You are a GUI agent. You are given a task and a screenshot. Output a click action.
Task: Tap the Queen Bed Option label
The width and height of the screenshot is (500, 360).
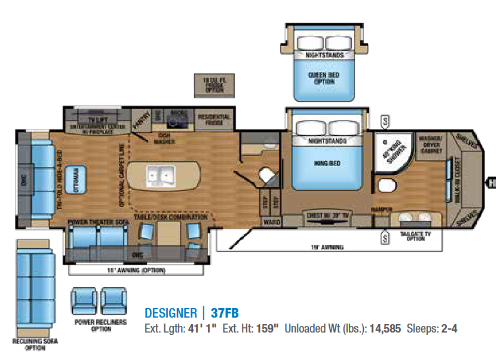pyautogui.click(x=324, y=78)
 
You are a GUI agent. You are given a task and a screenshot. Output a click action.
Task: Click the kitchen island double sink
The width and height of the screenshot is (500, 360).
pyautogui.click(x=160, y=176)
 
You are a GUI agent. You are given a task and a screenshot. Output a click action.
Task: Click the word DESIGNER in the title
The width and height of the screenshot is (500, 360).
pyautogui.click(x=171, y=313)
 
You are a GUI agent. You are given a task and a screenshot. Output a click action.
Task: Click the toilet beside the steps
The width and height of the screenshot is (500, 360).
pyautogui.click(x=266, y=175)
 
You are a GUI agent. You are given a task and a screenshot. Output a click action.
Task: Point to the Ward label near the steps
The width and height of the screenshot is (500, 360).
pyautogui.click(x=269, y=221)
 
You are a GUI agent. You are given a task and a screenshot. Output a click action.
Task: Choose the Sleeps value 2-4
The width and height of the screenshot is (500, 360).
pyautogui.click(x=448, y=329)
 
